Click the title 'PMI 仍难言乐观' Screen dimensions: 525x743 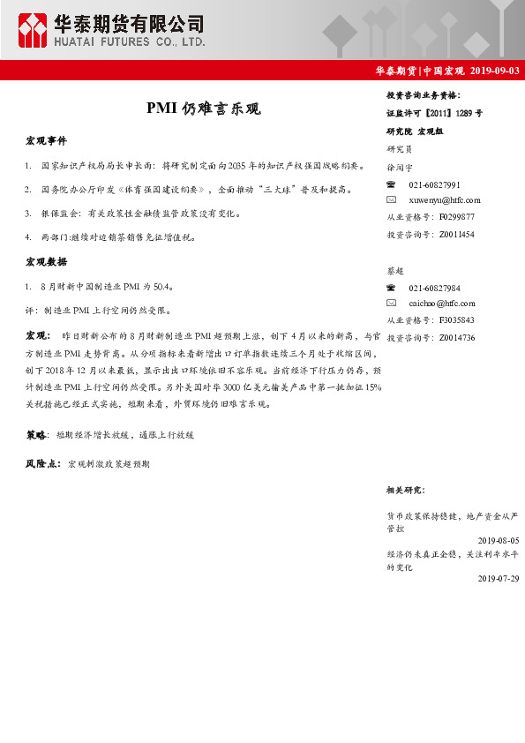tap(203, 109)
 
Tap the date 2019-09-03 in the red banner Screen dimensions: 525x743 tap(495, 71)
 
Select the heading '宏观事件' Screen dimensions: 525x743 tap(45, 141)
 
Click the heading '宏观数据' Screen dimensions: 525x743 tap(45, 262)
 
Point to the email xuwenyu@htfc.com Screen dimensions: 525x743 tap(445, 200)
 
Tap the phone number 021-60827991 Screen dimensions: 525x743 tap(435, 184)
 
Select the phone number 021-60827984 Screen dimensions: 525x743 tap(435, 289)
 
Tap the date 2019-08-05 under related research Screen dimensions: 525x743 tap(499, 539)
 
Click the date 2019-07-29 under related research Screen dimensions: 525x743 tap(499, 578)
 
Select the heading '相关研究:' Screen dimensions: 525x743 tap(405, 489)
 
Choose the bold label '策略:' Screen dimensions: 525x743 tap(36, 435)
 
